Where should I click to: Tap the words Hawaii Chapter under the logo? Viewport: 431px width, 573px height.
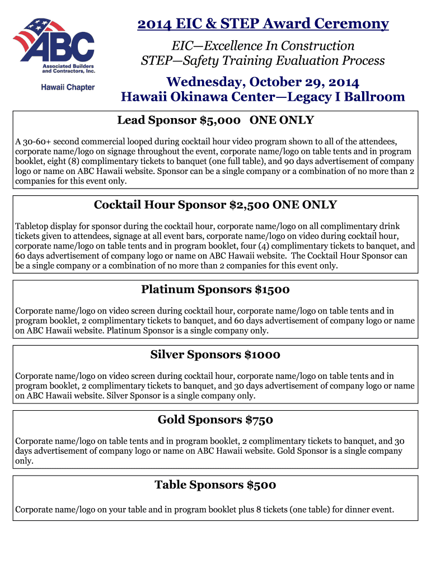[x=68, y=87]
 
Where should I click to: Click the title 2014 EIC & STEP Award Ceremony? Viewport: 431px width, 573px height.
[x=263, y=24]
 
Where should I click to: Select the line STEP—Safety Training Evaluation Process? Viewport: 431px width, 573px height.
[x=263, y=60]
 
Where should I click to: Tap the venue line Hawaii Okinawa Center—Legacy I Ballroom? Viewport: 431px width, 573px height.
[x=263, y=97]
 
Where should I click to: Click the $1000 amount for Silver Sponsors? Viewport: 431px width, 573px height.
[x=263, y=355]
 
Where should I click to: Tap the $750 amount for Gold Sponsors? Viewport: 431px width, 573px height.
[x=259, y=420]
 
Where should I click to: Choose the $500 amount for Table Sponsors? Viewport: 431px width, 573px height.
[x=261, y=485]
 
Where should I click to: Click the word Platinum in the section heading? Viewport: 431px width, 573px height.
[x=166, y=290]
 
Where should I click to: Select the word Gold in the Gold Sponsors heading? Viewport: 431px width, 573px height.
[x=171, y=420]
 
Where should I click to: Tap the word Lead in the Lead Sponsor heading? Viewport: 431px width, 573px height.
[x=130, y=120]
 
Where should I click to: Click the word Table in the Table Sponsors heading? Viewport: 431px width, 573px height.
[x=170, y=485]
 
